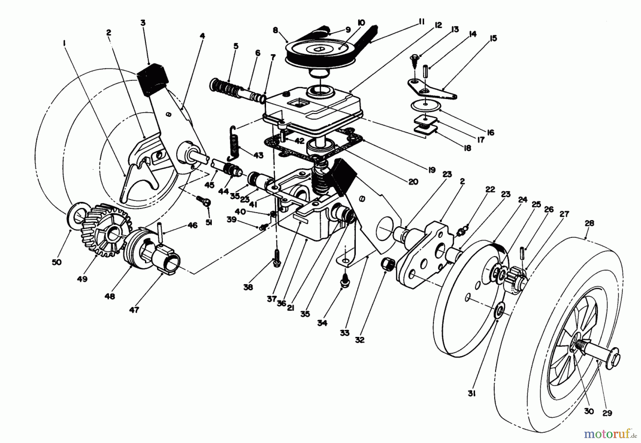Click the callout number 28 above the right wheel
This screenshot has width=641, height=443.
pos(589,223)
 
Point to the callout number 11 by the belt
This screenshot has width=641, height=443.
pos(421,22)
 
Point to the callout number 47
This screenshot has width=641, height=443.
pos(134,310)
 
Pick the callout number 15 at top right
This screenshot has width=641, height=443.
pos(493,38)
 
